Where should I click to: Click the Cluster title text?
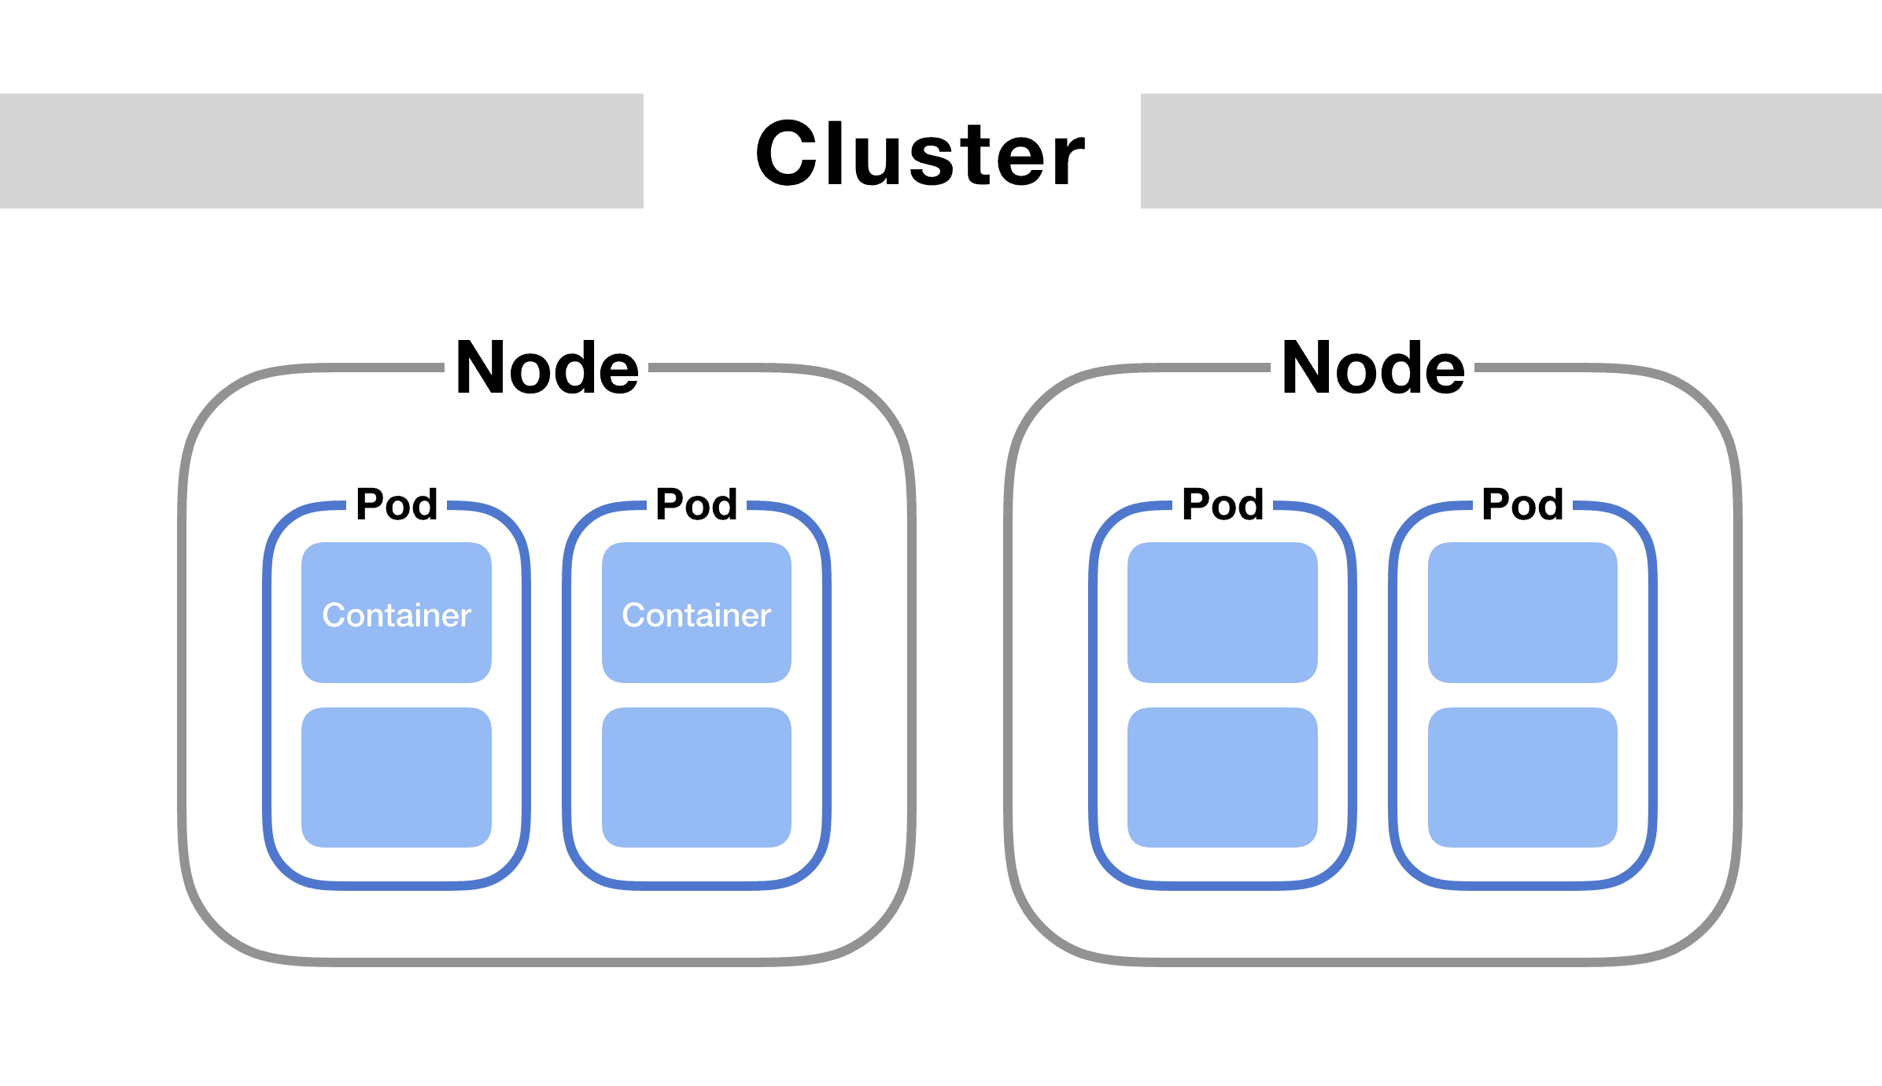919,154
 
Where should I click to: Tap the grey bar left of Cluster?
321,151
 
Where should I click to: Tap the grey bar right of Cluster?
1511,151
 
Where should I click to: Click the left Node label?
547,368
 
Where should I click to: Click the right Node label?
1373,368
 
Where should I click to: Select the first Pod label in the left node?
397,504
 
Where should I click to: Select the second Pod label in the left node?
696,504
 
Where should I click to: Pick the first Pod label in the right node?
1223,504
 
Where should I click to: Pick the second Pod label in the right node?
1522,504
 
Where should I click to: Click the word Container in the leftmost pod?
397,615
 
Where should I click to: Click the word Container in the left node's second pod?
696,615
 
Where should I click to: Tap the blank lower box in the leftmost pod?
397,778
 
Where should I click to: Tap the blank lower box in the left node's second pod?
696,778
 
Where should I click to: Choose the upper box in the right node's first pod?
1223,612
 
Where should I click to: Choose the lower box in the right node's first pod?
1223,778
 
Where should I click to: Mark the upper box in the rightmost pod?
1522,612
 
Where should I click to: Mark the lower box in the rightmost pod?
1522,778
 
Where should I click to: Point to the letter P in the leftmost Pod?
370,504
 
